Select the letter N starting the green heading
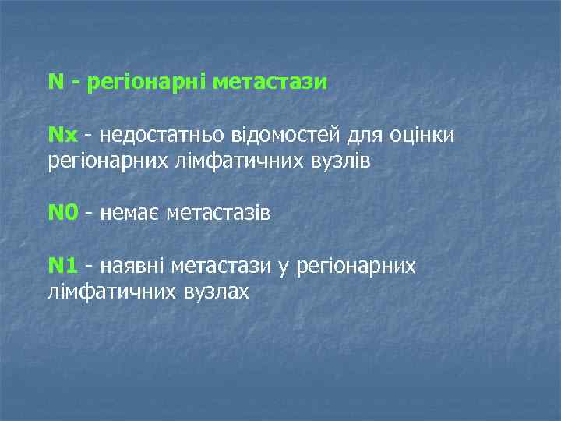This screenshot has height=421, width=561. [55, 83]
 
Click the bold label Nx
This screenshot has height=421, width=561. [63, 136]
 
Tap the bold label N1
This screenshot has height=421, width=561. [63, 267]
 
